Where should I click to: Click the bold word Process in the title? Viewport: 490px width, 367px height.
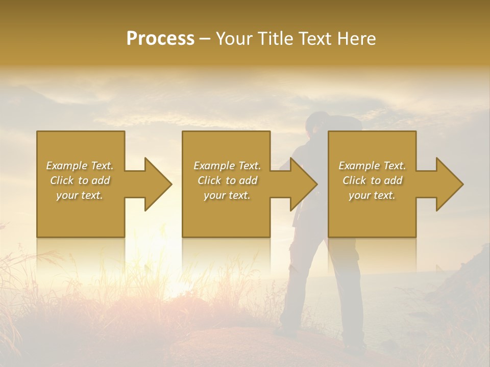[x=160, y=39]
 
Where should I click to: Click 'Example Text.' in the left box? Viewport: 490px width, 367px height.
[x=80, y=166]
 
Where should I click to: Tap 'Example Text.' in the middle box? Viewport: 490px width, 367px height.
[x=227, y=166]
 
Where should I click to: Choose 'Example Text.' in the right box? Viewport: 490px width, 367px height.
[x=372, y=166]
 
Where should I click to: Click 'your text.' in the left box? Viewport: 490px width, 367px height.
[x=80, y=195]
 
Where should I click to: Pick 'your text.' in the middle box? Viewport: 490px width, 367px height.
[x=227, y=195]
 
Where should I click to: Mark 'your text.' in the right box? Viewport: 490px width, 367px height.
[x=372, y=195]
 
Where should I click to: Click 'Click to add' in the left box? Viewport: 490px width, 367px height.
[x=80, y=180]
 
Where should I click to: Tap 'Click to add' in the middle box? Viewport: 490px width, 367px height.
[x=227, y=180]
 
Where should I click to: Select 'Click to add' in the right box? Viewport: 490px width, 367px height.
[x=372, y=180]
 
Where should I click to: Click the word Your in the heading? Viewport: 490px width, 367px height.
[x=233, y=39]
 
